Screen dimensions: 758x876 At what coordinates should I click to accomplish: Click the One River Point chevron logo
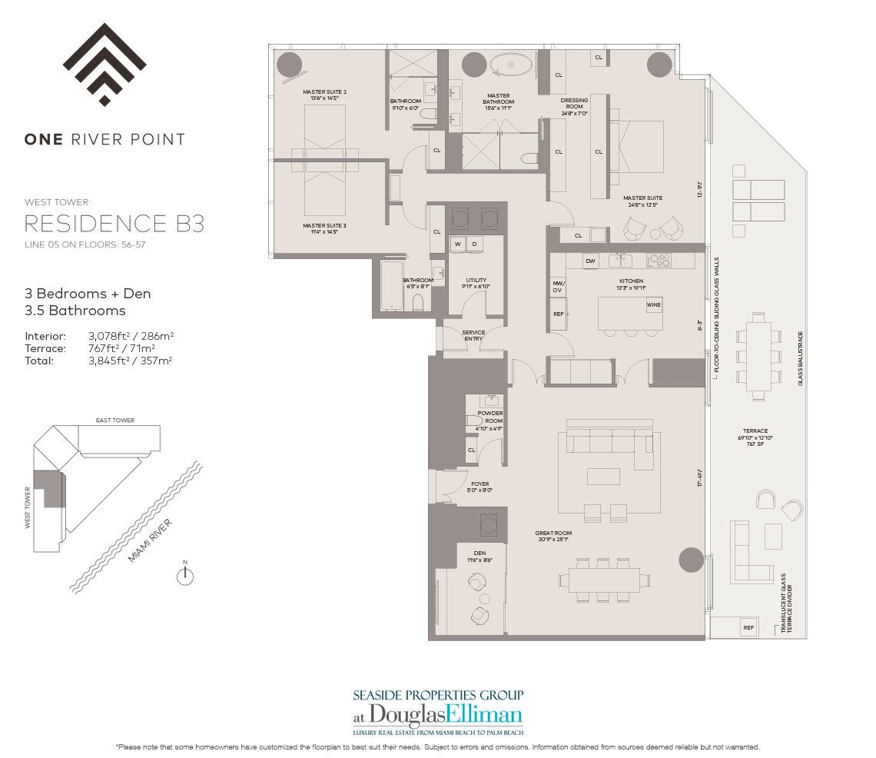105,65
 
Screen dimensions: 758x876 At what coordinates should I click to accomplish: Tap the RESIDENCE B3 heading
114,224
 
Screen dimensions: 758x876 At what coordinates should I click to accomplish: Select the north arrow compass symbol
184,576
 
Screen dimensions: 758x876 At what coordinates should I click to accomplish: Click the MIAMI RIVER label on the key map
150,540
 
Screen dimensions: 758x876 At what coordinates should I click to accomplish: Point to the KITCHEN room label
631,281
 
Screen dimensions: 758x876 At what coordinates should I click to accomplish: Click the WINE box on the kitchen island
653,305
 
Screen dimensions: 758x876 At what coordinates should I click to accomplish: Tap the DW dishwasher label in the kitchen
590,261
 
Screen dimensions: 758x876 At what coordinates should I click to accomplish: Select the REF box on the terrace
748,628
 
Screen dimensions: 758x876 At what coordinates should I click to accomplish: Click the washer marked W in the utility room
458,244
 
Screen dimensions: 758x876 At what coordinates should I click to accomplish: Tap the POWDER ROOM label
490,417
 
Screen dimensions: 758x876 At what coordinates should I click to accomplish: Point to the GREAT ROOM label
553,534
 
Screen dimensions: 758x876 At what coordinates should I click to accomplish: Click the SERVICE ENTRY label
473,336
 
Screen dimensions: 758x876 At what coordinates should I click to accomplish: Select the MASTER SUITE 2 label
324,92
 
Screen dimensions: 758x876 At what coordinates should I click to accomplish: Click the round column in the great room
691,560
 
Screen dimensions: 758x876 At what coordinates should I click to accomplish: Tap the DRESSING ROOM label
574,104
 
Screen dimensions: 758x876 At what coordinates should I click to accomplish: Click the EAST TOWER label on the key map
114,421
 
